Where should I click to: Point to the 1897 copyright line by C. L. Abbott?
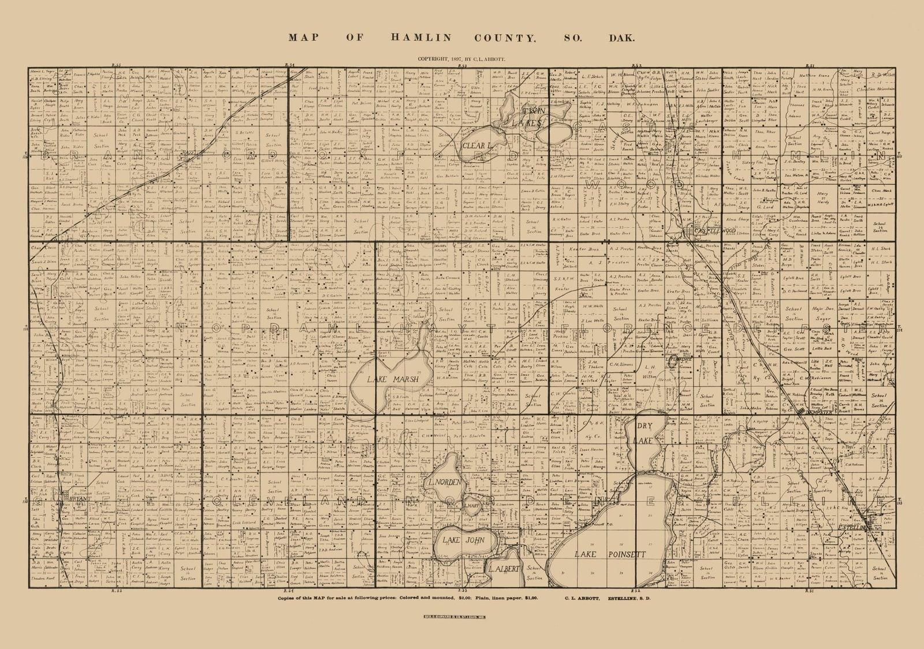[462, 59]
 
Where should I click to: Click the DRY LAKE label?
[644, 432]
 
